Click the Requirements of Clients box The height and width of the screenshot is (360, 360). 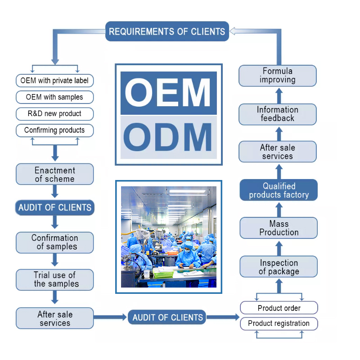pos(167,31)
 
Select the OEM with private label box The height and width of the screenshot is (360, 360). pos(54,81)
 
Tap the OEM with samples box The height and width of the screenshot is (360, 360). pos(54,97)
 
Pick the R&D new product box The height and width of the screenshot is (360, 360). pos(54,113)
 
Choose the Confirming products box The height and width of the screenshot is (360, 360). pos(54,130)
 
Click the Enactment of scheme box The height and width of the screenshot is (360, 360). pos(54,175)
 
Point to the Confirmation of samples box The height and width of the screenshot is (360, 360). pos(54,242)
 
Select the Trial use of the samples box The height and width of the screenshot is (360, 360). pos(54,279)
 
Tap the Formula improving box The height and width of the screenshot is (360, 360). pos(277,76)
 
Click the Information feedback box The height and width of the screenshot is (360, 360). pos(277,114)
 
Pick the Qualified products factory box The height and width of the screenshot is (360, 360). pos(279,190)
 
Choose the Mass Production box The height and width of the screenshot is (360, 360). pos(279,228)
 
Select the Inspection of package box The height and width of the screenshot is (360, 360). pos(279,267)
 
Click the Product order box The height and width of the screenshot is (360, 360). pos(279,308)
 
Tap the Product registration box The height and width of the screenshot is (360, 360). pos(279,324)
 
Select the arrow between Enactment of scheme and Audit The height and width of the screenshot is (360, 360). pos(55,191)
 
